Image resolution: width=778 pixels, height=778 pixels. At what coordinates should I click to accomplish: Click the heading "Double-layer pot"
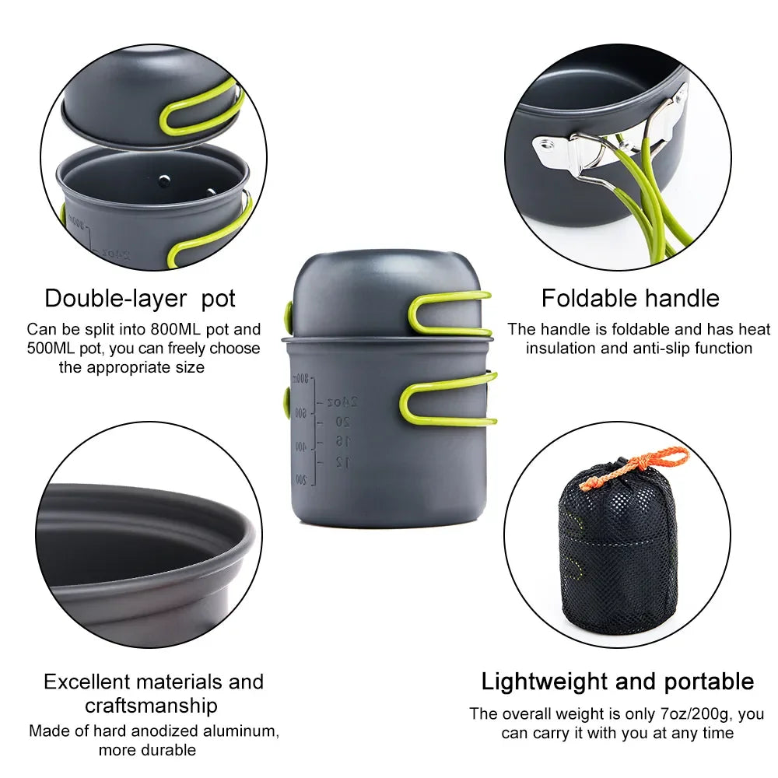point(140,298)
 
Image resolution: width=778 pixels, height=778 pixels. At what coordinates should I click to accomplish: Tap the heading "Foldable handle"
point(630,298)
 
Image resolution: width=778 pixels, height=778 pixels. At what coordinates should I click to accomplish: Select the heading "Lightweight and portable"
point(617,682)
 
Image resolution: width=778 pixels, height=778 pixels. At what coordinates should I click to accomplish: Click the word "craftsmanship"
point(151,706)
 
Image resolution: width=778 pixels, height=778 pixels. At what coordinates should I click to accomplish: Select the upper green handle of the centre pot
point(449,313)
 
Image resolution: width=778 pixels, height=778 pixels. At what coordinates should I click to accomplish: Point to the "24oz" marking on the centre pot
point(342,402)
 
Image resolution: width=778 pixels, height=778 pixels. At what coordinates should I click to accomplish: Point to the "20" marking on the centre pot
point(342,422)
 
